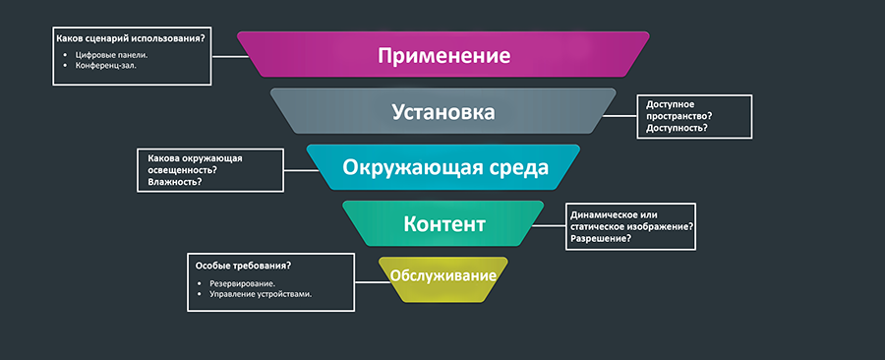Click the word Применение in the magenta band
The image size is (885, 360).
point(444,54)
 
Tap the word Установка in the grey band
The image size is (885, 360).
point(442,111)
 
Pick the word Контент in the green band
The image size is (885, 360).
point(444,224)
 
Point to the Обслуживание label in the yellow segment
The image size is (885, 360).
point(442,274)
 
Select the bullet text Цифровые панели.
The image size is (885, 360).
point(112,54)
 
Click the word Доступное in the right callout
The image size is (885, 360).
point(672,103)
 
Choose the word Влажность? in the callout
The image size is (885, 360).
point(176,181)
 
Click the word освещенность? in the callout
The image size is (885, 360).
point(182,169)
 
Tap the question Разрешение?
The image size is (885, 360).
point(601,238)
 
